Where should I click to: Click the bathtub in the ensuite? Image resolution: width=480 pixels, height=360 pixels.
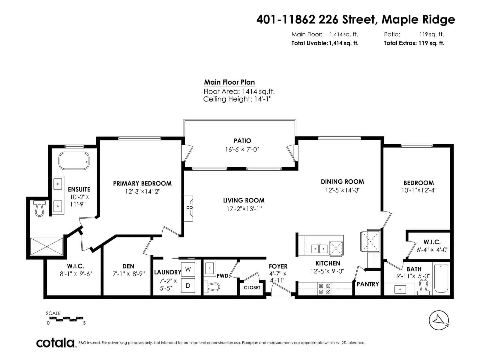pyautogui.click(x=74, y=161)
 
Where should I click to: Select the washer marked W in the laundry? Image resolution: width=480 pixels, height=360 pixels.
pyautogui.click(x=188, y=269)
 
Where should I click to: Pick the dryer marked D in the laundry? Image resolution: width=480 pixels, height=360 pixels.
pyautogui.click(x=188, y=286)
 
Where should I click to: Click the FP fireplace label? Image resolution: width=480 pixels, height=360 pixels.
pyautogui.click(x=189, y=209)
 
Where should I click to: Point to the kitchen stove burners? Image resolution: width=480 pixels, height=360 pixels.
pyautogui.click(x=325, y=289)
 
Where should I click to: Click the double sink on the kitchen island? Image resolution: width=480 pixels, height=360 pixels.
pyautogui.click(x=319, y=249)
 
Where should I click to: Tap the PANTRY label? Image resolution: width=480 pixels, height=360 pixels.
pyautogui.click(x=368, y=284)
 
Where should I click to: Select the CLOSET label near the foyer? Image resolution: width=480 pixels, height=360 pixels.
pyautogui.click(x=252, y=288)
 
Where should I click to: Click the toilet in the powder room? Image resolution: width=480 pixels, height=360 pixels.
pyautogui.click(x=211, y=286)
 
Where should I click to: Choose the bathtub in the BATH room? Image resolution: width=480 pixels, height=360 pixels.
pyautogui.click(x=441, y=278)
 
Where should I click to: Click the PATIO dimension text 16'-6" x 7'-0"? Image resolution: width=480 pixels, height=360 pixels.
pyautogui.click(x=242, y=149)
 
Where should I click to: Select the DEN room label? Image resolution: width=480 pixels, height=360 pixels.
pyautogui.click(x=128, y=266)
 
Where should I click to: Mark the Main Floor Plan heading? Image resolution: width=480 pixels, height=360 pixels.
pyautogui.click(x=229, y=82)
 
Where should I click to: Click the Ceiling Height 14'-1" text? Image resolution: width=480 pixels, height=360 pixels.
pyautogui.click(x=237, y=99)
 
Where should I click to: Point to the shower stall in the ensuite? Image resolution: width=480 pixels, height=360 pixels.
pyautogui.click(x=46, y=246)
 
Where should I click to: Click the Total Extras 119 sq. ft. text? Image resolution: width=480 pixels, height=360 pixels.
pyautogui.click(x=414, y=43)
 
